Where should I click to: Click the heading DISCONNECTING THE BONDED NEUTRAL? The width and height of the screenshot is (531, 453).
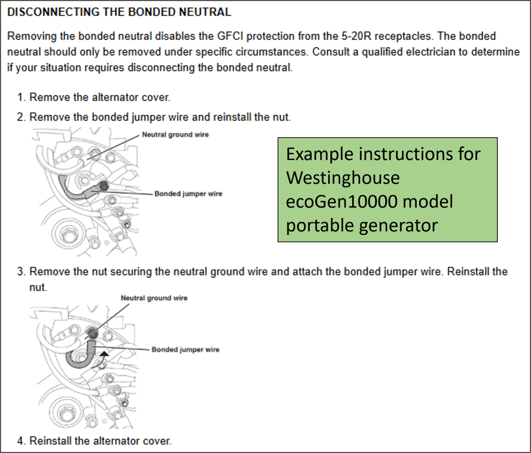pos(119,11)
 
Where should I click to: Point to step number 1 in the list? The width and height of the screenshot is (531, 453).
pos(21,97)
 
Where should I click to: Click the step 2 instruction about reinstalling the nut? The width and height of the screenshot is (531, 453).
pos(160,117)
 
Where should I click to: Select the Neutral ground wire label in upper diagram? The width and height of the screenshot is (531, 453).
pos(175,135)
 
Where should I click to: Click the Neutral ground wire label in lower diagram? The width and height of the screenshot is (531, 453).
pos(154,298)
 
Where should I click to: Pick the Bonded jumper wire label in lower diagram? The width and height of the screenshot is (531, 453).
pos(185,350)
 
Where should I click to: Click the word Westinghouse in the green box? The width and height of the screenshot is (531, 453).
pos(343,178)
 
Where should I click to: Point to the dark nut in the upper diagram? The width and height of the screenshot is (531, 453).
pos(103,186)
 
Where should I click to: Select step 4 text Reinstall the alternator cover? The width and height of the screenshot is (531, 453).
pos(100,441)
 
